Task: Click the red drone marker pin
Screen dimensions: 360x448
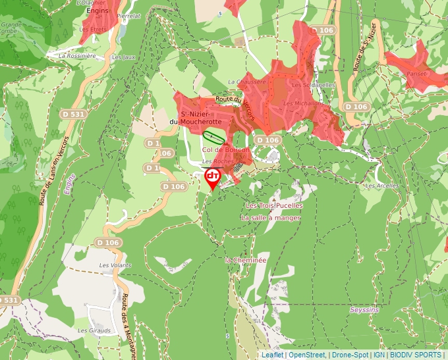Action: tap(213, 178)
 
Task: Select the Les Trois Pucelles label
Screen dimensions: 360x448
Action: tap(274, 205)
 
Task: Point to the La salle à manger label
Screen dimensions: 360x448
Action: tap(270, 218)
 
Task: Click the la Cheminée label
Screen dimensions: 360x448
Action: tap(246, 260)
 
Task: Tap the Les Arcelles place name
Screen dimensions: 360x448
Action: tap(383, 186)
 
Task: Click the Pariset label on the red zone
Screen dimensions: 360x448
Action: tap(416, 73)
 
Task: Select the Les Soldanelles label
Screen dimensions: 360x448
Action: tap(314, 85)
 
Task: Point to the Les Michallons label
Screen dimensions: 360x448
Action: tap(303, 103)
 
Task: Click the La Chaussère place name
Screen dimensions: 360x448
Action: tap(246, 82)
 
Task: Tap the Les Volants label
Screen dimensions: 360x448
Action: tap(115, 265)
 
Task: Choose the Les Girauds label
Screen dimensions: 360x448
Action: tap(92, 330)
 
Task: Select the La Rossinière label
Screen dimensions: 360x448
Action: tap(77, 56)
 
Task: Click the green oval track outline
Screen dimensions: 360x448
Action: tap(212, 136)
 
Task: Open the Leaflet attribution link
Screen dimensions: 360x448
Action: tap(272, 355)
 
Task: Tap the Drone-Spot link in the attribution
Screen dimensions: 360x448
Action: tap(350, 355)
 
